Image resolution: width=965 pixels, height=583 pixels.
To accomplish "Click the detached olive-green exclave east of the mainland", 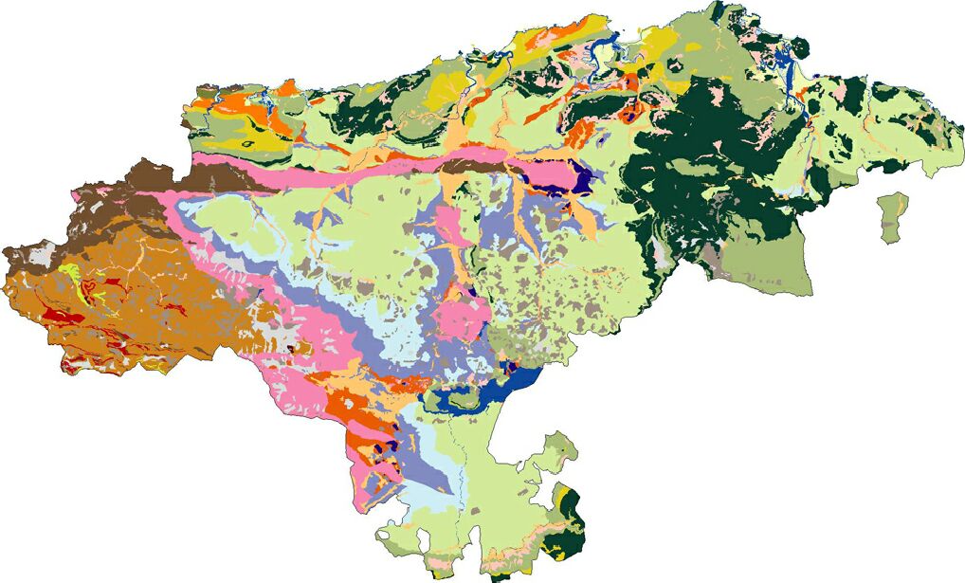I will pos(893,216).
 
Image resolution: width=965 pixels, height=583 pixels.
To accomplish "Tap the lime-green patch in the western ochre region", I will pos(69,275).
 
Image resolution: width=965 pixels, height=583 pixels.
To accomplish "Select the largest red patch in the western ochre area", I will pos(59,315).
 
